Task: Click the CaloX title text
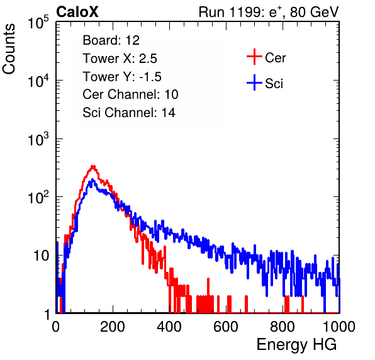coord(77,12)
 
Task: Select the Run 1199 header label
coord(269,12)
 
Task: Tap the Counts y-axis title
coord(9,49)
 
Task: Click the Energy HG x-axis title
coord(296,345)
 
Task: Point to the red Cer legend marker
coord(254,57)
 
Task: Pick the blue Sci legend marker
coord(254,83)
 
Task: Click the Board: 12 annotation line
coord(111,40)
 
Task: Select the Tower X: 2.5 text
coord(120,59)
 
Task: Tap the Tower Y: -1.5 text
coord(122,77)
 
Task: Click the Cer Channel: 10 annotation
coord(130,94)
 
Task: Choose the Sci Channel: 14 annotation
coord(129,113)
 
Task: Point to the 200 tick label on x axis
coord(113,327)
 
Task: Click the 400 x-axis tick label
coord(169,327)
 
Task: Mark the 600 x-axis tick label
coord(226,327)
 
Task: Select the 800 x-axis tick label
coord(283,327)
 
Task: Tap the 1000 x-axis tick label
coord(339,327)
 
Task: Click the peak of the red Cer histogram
coord(93,166)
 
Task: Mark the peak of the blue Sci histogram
coord(92,180)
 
